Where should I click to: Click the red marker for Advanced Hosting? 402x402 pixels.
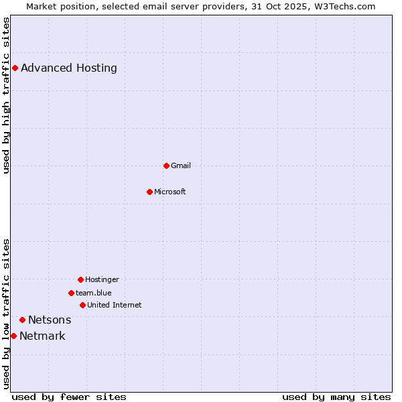[x=15, y=68]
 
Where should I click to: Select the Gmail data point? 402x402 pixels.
[x=166, y=165]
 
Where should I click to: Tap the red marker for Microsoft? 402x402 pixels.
[x=149, y=192]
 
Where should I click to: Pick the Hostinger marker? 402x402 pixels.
[x=80, y=279]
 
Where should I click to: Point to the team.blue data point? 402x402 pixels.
[x=71, y=293]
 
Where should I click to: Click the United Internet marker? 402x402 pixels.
[x=82, y=305]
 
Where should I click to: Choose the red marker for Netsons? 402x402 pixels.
[x=22, y=320]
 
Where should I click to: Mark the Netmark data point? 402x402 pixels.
[x=13, y=336]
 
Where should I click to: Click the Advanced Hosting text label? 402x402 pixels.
[x=69, y=68]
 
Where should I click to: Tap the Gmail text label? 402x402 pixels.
[x=181, y=165]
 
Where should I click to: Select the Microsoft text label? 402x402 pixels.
[x=170, y=192]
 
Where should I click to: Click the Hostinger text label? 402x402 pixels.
[x=102, y=279]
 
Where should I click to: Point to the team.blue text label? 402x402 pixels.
[x=94, y=293]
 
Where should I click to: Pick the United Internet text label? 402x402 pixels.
[x=115, y=305]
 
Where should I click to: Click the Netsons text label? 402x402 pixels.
[x=50, y=320]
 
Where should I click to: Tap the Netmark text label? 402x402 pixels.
[x=42, y=336]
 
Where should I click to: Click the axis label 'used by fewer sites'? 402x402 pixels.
[x=69, y=397]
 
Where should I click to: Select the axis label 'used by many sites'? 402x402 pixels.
[x=336, y=397]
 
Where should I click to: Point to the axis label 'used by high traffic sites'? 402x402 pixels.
[x=6, y=95]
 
